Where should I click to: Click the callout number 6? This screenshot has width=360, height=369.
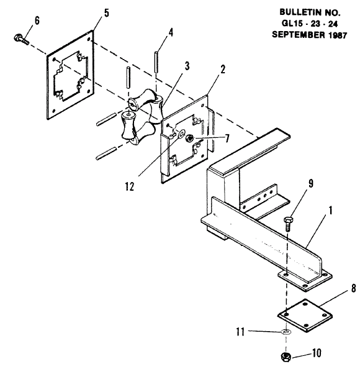(x=37, y=20)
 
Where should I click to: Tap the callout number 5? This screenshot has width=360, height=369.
(x=107, y=13)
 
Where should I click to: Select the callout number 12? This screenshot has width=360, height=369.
(x=130, y=186)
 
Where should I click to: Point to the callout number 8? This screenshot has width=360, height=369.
(x=353, y=288)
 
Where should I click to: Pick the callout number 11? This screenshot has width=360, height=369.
(x=241, y=332)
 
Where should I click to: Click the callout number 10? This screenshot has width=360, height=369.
(x=317, y=353)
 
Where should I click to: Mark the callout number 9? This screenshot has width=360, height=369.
(x=311, y=183)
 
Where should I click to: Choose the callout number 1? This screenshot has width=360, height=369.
(x=330, y=211)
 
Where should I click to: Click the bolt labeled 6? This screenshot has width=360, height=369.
(x=21, y=40)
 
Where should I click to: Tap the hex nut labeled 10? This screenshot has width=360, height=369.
(x=286, y=357)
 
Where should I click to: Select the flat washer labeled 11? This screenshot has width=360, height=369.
(x=286, y=332)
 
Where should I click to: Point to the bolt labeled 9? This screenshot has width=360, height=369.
(x=288, y=224)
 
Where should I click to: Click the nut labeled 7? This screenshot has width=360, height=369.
(x=189, y=138)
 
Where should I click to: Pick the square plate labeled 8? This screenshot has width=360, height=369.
(x=305, y=316)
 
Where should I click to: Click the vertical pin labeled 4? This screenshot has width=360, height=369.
(x=156, y=61)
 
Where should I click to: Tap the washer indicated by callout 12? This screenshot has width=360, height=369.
(x=181, y=134)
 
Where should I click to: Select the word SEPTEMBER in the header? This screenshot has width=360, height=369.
(x=299, y=35)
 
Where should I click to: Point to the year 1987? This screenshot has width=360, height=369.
(x=337, y=35)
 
